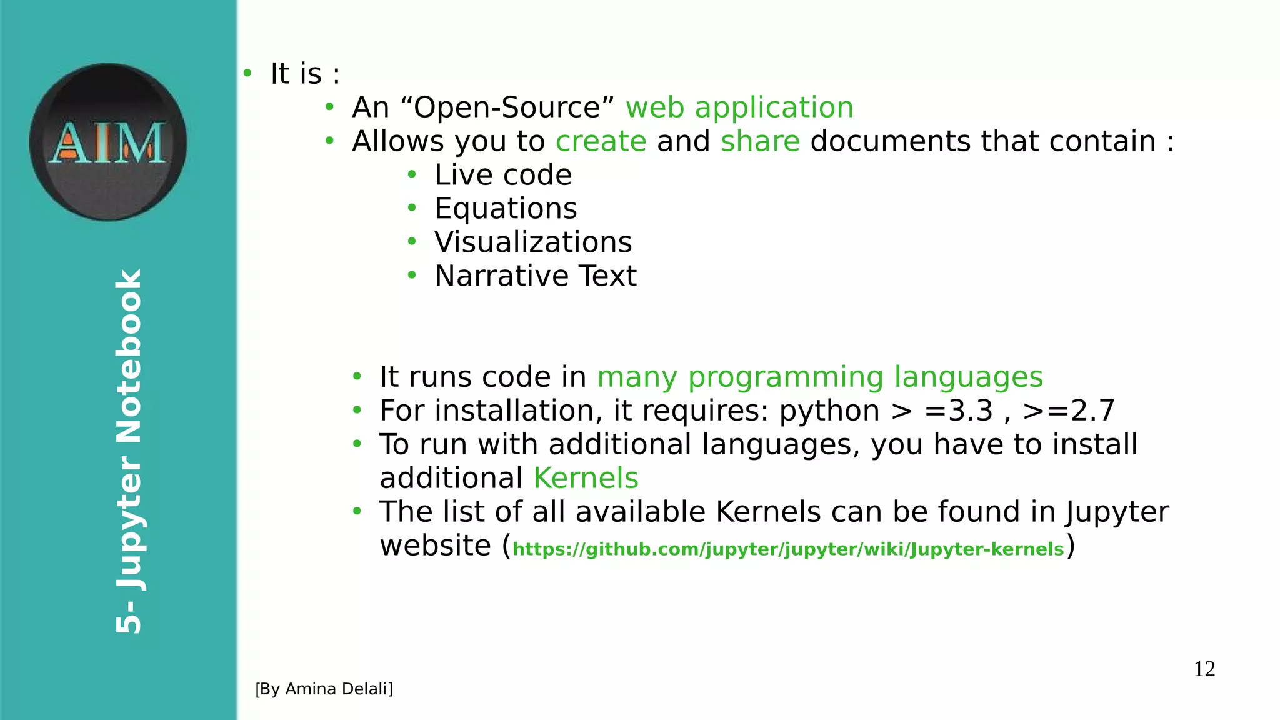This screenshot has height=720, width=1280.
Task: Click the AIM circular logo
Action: click(108, 142)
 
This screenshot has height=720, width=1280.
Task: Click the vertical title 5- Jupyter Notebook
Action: click(129, 451)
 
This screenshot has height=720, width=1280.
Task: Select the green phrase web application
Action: click(739, 107)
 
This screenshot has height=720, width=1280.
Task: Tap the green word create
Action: click(601, 141)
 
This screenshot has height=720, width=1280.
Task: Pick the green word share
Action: click(760, 141)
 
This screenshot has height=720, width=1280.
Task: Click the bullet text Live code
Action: click(503, 175)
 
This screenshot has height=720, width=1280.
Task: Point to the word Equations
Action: click(506, 209)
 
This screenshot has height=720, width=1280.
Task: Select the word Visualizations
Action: click(533, 242)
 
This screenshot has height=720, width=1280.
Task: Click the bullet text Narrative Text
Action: click(536, 276)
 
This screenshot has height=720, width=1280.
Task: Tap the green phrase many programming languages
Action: click(820, 377)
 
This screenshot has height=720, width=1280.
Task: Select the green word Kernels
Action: click(586, 479)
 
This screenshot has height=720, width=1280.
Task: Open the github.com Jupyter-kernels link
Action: click(788, 549)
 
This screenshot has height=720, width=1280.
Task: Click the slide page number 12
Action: click(1204, 669)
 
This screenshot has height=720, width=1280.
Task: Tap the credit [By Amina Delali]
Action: click(324, 689)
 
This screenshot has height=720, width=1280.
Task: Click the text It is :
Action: click(305, 74)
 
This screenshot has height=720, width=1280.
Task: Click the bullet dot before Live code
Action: click(411, 175)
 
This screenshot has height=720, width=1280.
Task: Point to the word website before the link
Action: click(435, 546)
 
